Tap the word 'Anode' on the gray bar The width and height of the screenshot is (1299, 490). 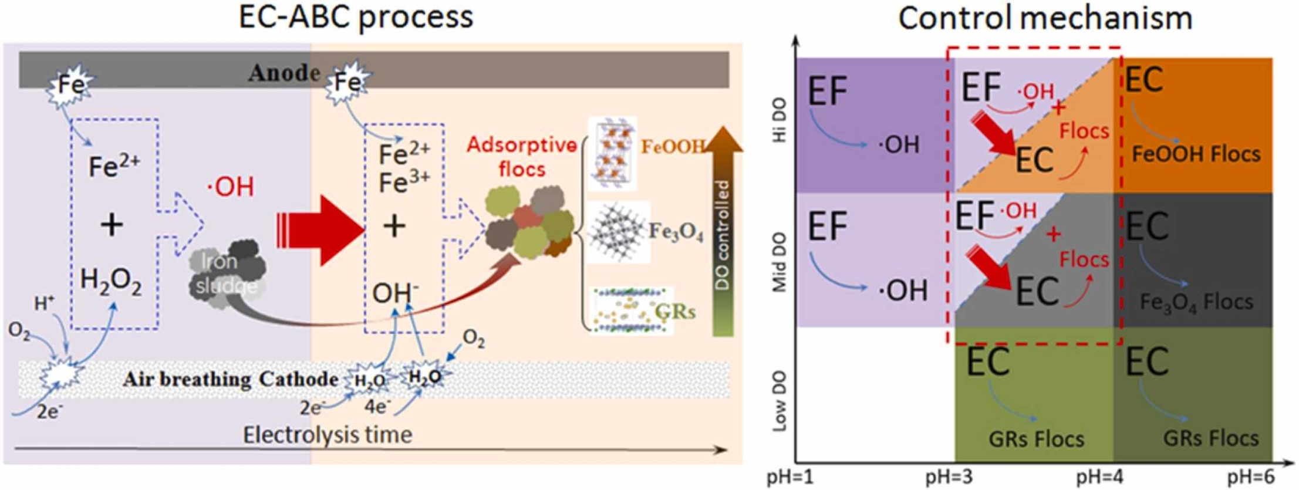(284, 73)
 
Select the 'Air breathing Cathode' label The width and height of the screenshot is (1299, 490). (230, 379)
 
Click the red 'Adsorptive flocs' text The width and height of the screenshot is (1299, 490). (521, 157)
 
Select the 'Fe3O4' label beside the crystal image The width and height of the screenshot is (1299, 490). (675, 232)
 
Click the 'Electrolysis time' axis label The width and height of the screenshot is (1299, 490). (327, 435)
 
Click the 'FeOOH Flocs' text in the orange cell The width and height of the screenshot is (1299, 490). (1196, 154)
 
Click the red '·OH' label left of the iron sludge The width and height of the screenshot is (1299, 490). (231, 187)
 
